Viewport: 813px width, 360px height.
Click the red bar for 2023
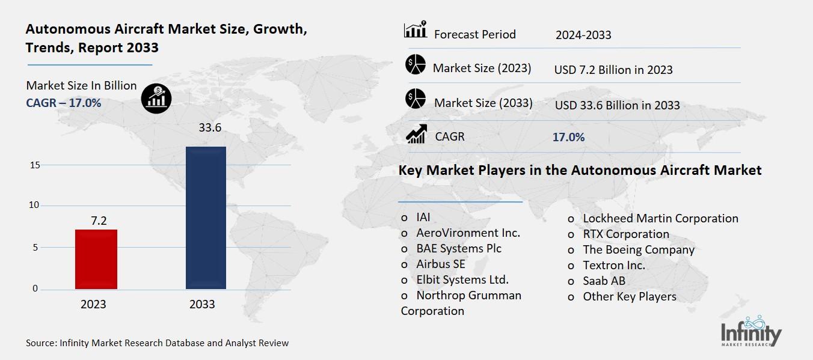[96, 259]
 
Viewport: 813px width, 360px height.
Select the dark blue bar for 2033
[206, 218]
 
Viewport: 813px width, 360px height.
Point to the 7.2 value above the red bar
[99, 221]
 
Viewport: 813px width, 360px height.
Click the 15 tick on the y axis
[34, 165]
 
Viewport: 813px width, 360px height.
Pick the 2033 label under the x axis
[202, 305]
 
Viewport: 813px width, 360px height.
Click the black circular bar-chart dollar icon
[156, 98]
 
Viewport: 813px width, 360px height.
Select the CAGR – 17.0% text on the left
[63, 103]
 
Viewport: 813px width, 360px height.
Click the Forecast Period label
[475, 34]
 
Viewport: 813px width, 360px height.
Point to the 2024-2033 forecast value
[583, 35]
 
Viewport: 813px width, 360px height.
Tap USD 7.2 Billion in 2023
[613, 70]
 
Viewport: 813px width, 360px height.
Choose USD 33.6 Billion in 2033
[617, 105]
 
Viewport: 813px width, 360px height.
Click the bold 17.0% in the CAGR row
[568, 137]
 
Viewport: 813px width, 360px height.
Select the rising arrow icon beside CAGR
[416, 134]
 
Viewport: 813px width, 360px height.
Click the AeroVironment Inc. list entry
[468, 233]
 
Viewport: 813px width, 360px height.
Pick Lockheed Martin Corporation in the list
[660, 218]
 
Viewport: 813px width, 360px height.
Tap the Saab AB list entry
[604, 281]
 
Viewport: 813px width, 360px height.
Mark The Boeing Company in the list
[639, 249]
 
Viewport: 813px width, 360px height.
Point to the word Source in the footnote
[40, 343]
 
